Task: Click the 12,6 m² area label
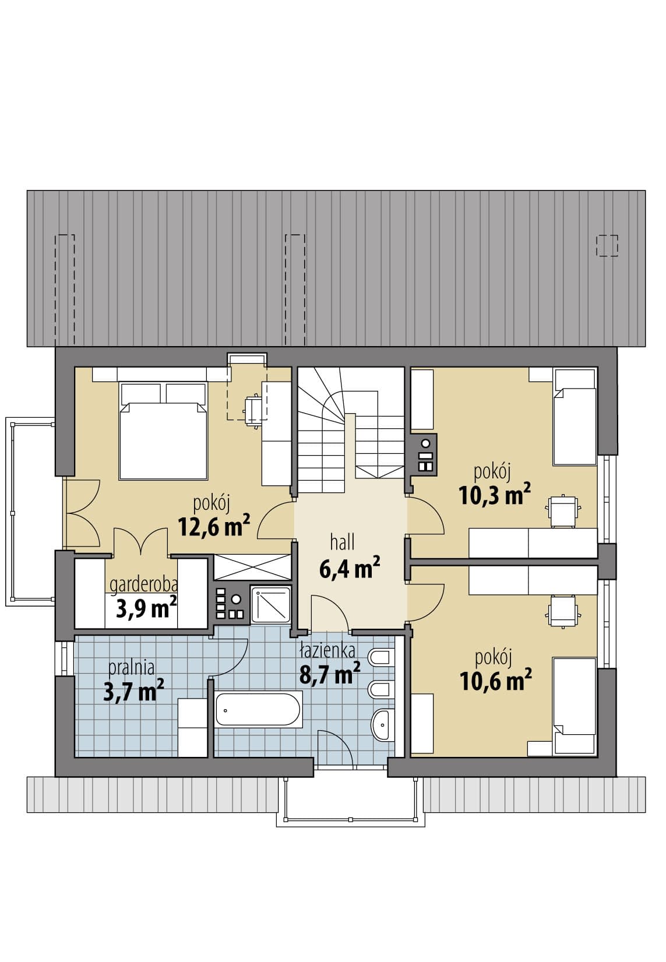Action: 214,526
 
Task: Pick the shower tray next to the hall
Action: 270,604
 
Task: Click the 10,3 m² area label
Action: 494,494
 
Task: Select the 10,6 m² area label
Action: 495,679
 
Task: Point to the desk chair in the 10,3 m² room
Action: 563,511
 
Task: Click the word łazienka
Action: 327,651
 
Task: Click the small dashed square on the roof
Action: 607,246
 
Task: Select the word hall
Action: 342,542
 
